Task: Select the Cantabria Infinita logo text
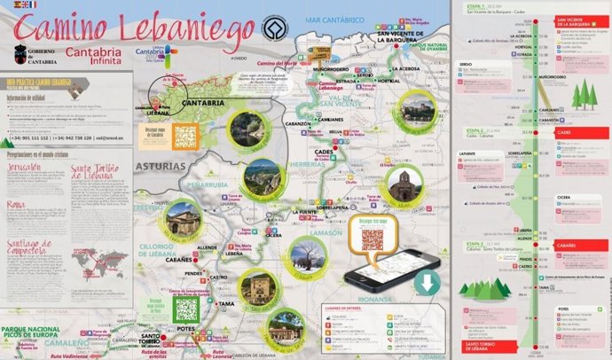pos(100,55)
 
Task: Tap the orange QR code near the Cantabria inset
pos(185,137)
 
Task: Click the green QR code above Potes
pos(186,309)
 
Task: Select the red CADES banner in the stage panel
pos(564,132)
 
